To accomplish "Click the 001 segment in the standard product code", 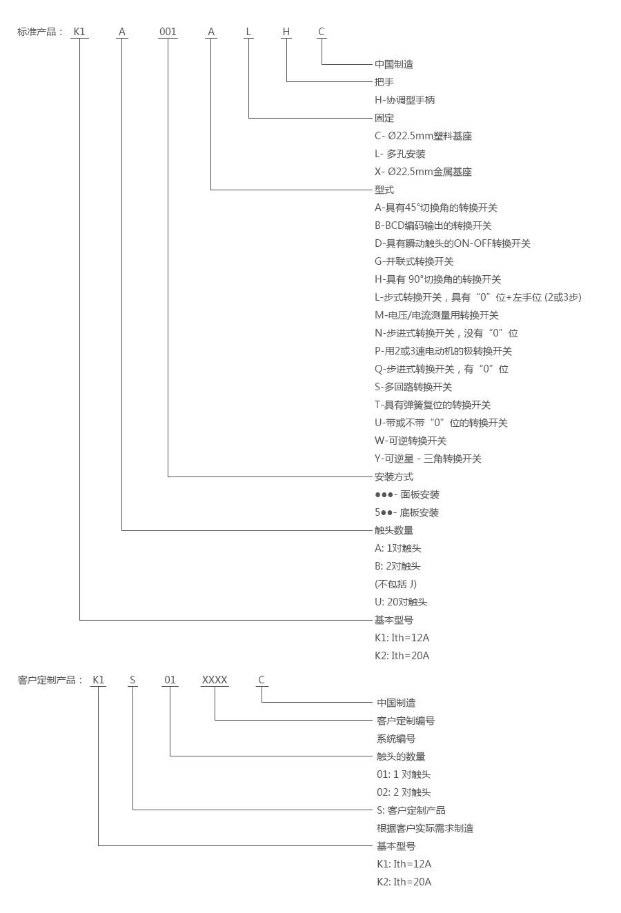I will coord(168,32).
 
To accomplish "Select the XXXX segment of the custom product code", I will coord(215,680).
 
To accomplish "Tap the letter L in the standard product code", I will coord(249,32).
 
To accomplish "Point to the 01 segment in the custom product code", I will coord(170,680).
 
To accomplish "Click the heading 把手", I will coord(384,82).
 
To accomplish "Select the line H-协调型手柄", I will coord(404,100).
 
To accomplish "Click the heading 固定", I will coord(384,118).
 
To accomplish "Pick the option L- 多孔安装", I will coord(400,154).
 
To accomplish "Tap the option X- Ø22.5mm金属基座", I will coord(423,172).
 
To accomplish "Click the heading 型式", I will coord(384,190).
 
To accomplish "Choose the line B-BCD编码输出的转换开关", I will coord(433,225).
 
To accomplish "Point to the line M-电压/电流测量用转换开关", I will coord(436,315).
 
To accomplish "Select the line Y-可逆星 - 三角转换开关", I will coord(428,459).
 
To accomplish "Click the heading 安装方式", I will coord(394,476).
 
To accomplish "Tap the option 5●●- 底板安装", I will coord(406,512).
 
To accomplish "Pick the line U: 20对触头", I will coord(401,602).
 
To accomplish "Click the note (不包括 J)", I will coord(395,584).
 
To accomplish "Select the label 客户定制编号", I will coord(406,721).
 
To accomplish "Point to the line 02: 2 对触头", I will coord(404,792).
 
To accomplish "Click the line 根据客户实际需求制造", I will coord(425,828).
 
